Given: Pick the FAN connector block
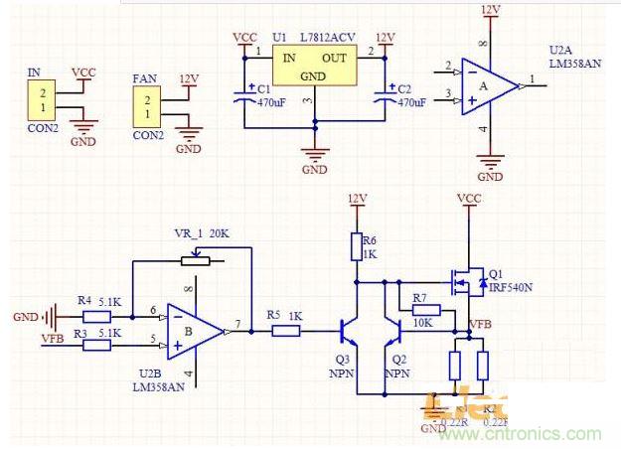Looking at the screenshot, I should pos(147,107).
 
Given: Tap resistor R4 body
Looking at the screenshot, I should pos(96,318).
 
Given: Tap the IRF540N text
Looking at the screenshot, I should pos(511,288).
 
